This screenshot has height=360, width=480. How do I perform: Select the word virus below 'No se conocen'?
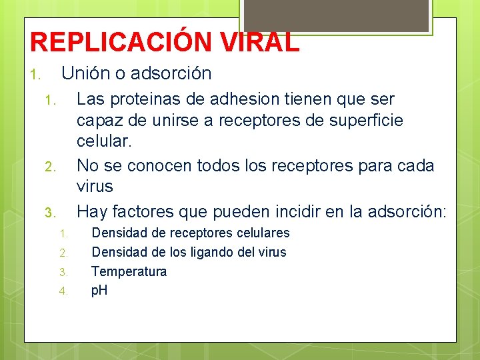coord(95,186)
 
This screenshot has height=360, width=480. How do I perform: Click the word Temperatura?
coord(129,271)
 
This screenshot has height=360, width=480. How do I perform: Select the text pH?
coord(100,291)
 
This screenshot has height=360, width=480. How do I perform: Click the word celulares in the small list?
coord(260,233)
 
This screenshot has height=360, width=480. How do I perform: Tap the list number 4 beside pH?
coord(63,291)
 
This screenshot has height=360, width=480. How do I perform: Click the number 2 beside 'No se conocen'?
coord(48,166)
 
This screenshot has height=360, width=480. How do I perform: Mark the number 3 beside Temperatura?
coord(63,272)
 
